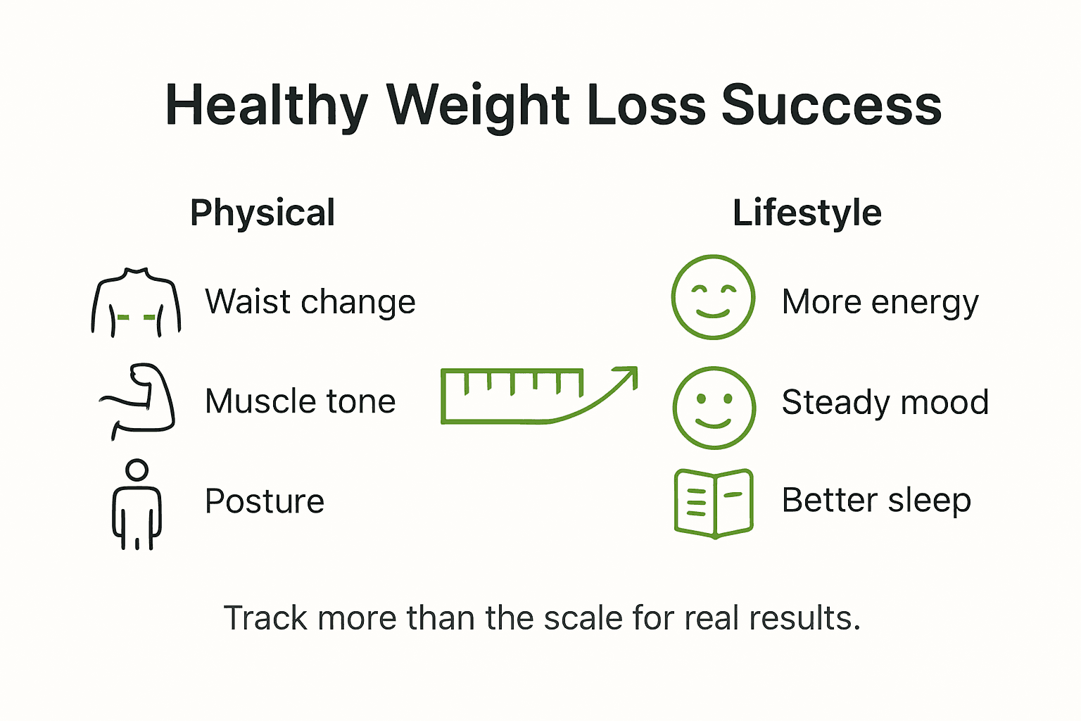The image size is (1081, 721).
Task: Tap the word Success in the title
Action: click(831, 106)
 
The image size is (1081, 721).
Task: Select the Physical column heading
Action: click(263, 213)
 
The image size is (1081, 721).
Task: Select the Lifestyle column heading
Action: click(807, 213)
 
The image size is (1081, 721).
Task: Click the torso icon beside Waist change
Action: click(136, 303)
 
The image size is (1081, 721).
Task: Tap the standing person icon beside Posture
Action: click(137, 505)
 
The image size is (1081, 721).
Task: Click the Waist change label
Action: click(310, 302)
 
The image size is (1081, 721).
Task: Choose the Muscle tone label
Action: click(300, 401)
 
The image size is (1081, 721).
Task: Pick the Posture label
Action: click(264, 501)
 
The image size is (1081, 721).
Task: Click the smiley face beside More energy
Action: click(713, 297)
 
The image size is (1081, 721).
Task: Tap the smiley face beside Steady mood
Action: click(714, 408)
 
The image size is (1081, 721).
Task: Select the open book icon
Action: click(714, 503)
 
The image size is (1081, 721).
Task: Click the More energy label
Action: click(880, 302)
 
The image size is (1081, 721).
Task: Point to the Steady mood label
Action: click(885, 402)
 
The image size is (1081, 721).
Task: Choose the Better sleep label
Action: click(876, 501)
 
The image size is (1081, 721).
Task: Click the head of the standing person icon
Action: click(137, 470)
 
